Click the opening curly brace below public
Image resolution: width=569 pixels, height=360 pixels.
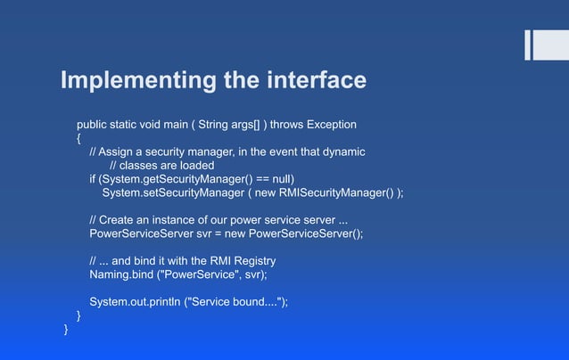pos(79,138)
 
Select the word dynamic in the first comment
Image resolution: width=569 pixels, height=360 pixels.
pos(342,151)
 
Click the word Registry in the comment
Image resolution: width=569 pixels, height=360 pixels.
pos(252,261)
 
